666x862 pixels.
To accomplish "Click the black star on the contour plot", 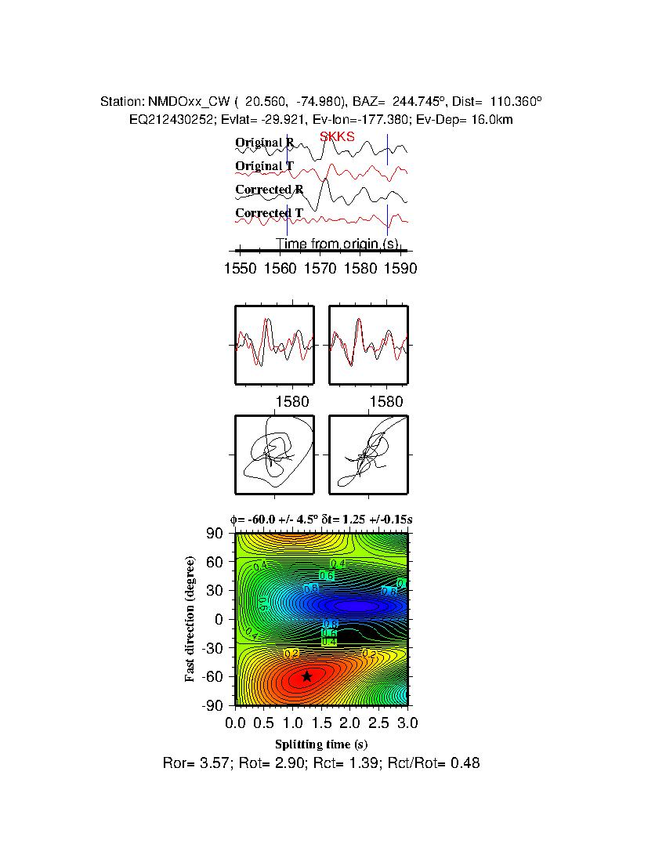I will [306, 676].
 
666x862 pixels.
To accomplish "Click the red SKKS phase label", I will [337, 137].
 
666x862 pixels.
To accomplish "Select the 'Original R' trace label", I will [265, 143].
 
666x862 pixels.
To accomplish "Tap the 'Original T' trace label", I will [265, 167].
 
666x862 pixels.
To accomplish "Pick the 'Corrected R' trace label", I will [270, 190].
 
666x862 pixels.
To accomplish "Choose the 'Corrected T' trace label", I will [270, 214].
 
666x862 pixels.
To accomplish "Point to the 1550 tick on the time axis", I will [240, 269].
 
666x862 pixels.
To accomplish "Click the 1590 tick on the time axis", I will [401, 269].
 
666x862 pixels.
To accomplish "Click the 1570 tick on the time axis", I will [320, 269].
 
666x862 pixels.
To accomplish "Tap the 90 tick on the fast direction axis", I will [216, 534].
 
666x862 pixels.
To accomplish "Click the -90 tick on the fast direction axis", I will [213, 704].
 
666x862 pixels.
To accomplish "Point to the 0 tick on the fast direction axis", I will [220, 619].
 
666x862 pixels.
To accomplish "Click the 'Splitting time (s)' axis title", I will [321, 744].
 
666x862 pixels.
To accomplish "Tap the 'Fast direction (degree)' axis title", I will [190, 619].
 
